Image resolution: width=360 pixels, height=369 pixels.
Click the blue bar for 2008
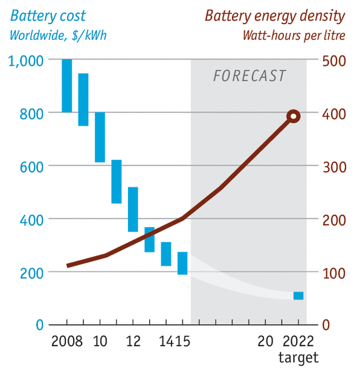67,86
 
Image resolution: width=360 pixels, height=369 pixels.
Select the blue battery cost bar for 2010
100,137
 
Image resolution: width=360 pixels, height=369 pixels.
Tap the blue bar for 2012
133,210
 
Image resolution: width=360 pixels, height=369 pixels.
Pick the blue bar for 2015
182,263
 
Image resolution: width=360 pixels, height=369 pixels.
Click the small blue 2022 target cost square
298,295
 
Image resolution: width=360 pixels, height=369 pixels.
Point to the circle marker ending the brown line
294,117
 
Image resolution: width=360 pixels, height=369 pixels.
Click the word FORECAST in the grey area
249,76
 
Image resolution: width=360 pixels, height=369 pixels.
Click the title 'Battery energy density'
275,15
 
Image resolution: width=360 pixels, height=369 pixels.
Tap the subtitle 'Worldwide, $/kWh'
58,35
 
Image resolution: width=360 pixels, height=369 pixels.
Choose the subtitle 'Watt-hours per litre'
294,35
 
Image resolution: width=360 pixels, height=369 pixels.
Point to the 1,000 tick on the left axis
26,60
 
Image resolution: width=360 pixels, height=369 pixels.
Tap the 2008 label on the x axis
67,341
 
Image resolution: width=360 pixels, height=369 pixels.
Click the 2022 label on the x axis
298,341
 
